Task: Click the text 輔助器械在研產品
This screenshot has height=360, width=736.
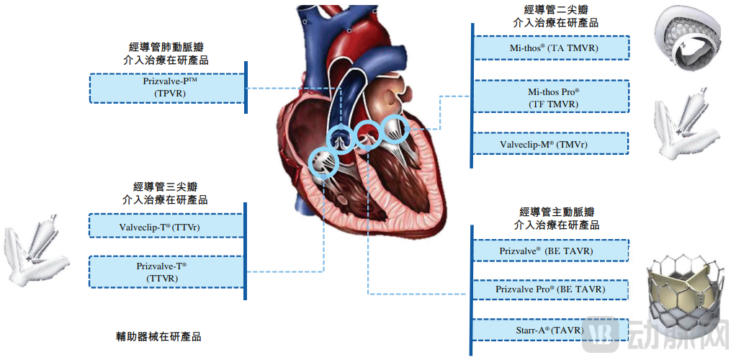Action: click(x=158, y=336)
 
